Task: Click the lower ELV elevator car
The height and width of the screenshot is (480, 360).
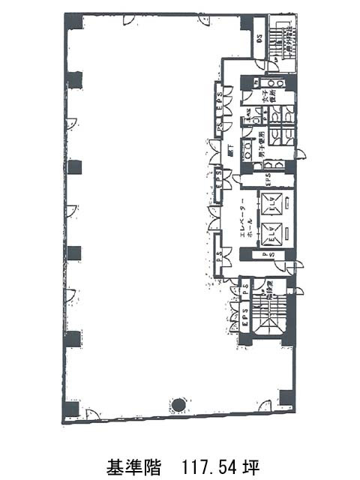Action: pos(269,235)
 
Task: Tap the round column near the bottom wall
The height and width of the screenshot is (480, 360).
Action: pos(178,405)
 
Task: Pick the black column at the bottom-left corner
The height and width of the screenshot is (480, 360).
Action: pos(71,409)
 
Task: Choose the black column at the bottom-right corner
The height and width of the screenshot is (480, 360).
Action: pos(286,397)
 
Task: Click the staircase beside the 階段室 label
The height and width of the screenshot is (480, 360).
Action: pos(267,310)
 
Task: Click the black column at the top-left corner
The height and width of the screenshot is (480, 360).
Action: pos(73,21)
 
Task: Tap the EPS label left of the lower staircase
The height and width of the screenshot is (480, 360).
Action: pos(245,315)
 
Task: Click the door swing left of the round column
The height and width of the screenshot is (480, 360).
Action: pos(94,415)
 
